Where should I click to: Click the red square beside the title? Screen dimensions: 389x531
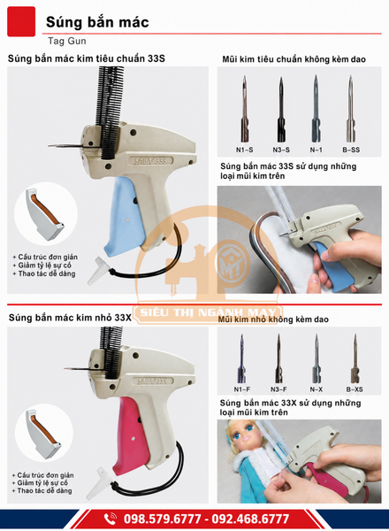[21, 21]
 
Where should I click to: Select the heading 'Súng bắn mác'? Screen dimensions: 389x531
[97, 22]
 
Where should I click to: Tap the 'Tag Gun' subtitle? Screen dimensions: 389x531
[67, 41]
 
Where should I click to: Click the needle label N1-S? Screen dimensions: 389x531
[244, 150]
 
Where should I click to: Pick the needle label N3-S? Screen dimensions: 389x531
[281, 150]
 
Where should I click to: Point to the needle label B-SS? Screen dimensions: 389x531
[351, 150]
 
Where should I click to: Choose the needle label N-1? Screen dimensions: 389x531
[317, 150]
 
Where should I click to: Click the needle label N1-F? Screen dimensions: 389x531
[242, 389]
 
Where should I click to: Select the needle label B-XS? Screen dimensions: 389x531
[355, 389]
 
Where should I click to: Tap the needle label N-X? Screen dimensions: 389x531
[317, 389]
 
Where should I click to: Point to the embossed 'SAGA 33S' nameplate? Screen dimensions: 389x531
[150, 160]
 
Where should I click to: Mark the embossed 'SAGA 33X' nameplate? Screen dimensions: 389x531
[153, 381]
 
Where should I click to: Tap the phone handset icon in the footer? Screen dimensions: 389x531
[111, 519]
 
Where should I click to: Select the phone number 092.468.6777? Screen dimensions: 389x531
[251, 519]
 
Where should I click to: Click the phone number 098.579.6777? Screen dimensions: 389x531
[163, 519]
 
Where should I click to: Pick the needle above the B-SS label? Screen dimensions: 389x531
[351, 109]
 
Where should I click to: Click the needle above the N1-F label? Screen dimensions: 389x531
[241, 358]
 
